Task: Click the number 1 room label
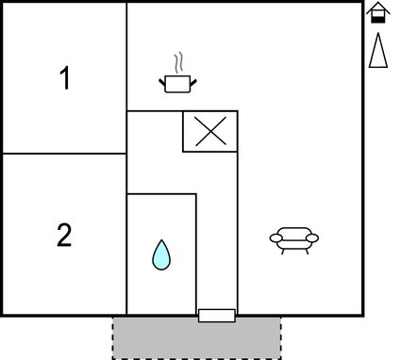point(64,79)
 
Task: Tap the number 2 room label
point(64,235)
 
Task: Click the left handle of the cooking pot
point(163,81)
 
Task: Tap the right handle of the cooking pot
point(193,81)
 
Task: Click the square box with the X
point(209,131)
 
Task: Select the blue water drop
point(162,254)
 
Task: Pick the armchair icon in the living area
point(293,239)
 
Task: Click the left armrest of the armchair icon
point(275,237)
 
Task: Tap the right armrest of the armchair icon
point(312,237)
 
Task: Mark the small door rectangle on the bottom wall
point(217,315)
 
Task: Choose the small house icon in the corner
point(377,13)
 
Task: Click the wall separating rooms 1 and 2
point(64,154)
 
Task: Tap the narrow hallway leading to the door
point(218,236)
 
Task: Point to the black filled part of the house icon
point(377,18)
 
